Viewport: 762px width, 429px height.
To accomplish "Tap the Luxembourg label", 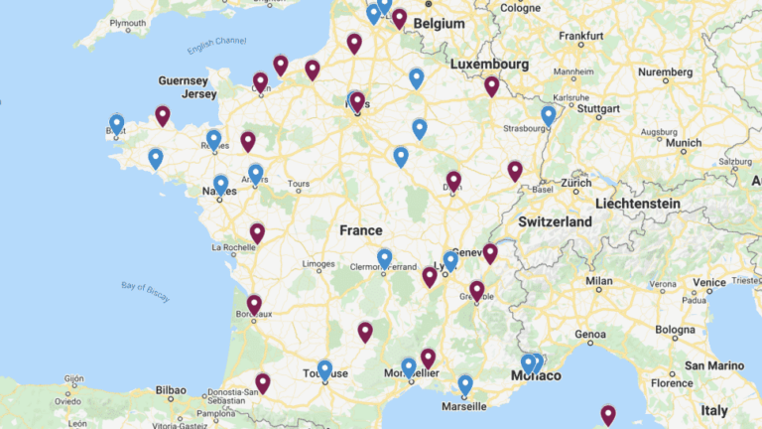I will click(x=489, y=64).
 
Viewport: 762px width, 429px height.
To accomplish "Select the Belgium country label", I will click(x=440, y=22).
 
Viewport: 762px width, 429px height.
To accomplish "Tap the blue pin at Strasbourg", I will click(x=549, y=115).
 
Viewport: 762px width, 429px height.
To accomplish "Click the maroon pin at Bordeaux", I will click(x=254, y=304).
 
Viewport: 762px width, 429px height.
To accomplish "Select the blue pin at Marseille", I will click(x=465, y=384).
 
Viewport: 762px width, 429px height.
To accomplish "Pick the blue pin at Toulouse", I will click(x=324, y=369).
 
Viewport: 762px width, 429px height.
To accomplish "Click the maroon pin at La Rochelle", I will click(x=257, y=232).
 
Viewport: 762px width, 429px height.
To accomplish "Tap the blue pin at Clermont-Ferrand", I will click(x=385, y=258).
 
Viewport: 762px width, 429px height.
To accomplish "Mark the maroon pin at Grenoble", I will click(x=477, y=290).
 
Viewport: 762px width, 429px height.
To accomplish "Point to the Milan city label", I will click(x=598, y=282).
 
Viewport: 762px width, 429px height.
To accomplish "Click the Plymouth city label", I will click(x=127, y=22).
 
